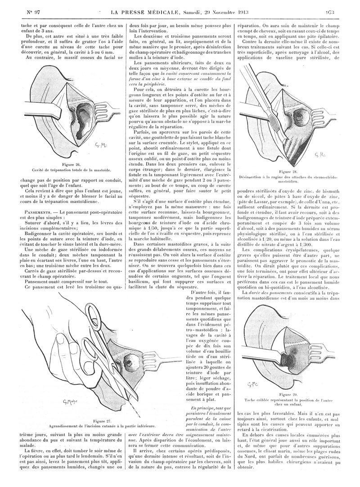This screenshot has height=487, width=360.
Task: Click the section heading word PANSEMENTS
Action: tap(40, 211)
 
